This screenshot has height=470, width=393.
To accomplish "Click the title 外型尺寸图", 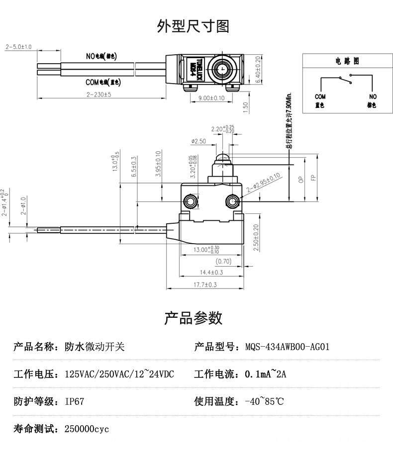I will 193,26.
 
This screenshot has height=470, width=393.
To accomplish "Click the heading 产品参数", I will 193,318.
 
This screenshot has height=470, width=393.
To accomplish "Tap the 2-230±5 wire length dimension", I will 98,94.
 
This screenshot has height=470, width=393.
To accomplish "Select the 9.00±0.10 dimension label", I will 211,98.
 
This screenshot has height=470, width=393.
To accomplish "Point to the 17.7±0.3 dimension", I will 204,284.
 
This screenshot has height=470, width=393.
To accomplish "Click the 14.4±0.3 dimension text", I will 211,272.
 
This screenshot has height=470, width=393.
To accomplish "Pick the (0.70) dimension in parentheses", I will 223,261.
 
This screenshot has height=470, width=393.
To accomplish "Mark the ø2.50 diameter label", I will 198,141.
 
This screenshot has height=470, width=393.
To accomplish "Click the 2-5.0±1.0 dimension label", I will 18,47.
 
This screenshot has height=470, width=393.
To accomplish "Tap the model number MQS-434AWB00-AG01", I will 287,347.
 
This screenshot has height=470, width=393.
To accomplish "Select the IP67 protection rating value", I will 74,401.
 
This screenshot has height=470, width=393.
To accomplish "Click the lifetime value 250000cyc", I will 87,429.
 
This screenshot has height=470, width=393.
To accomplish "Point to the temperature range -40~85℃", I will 264,401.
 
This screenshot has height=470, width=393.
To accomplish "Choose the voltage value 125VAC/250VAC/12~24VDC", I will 119,374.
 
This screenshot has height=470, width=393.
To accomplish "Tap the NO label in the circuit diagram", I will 373,96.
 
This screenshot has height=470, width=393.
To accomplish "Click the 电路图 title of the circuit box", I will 347,61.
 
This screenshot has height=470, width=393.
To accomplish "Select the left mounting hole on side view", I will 190,201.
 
